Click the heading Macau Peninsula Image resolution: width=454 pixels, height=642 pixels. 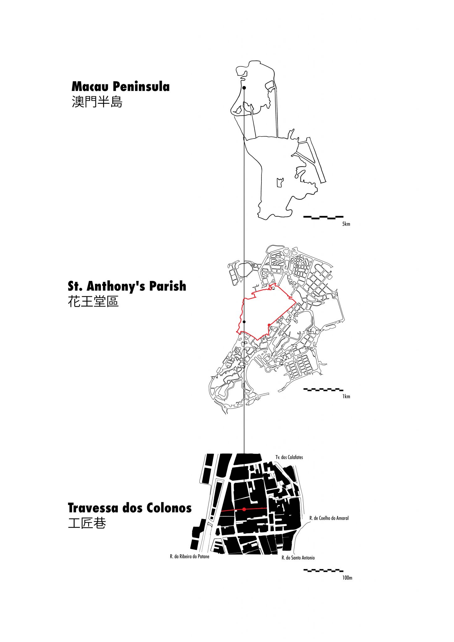pyautogui.click(x=121, y=87)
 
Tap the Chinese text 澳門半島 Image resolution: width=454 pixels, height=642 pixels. pyautogui.click(x=97, y=102)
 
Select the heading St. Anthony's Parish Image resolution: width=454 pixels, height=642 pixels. pyautogui.click(x=127, y=286)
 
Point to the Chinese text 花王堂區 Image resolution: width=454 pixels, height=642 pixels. pyautogui.click(x=93, y=301)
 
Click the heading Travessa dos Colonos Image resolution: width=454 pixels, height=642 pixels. pyautogui.click(x=129, y=508)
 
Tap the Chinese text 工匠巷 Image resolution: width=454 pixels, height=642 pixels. pyautogui.click(x=87, y=523)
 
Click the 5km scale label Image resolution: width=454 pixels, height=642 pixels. pyautogui.click(x=346, y=224)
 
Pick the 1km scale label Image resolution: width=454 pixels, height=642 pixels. pyautogui.click(x=346, y=396)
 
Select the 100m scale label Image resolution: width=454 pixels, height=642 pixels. pyautogui.click(x=347, y=578)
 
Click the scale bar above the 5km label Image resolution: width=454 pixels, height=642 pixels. pyautogui.click(x=323, y=217)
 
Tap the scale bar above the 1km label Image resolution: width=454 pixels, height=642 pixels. pyautogui.click(x=323, y=390)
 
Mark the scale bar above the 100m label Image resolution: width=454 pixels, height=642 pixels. pyautogui.click(x=323, y=571)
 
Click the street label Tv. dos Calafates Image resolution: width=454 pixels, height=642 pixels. pyautogui.click(x=289, y=457)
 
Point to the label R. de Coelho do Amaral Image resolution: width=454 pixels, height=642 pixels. pyautogui.click(x=329, y=518)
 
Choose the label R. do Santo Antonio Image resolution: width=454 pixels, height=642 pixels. pyautogui.click(x=298, y=558)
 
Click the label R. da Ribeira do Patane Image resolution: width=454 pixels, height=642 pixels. pyautogui.click(x=189, y=556)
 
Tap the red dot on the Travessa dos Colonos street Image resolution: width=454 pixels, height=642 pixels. pyautogui.click(x=244, y=509)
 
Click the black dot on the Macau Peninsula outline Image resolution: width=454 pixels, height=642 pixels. pyautogui.click(x=244, y=88)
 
